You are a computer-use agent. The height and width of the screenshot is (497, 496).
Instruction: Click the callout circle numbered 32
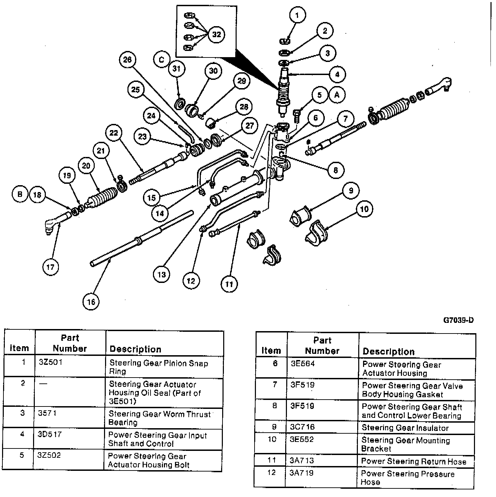tap(216, 34)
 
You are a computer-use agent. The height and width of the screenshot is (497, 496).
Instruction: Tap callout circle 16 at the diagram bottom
tap(91, 302)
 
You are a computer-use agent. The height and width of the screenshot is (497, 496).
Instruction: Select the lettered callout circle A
tap(337, 95)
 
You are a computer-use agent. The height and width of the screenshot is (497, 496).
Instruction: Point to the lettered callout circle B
tap(20, 194)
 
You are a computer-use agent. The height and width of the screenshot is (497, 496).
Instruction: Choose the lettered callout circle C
tap(162, 60)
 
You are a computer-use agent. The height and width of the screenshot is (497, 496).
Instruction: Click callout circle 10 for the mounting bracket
tap(364, 209)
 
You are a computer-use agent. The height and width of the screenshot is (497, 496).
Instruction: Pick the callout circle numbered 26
tap(127, 60)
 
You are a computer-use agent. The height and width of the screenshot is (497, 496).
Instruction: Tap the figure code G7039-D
tap(458, 320)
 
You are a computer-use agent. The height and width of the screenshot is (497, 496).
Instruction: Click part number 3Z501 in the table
tap(50, 362)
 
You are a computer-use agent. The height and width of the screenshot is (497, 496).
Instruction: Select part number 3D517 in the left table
tap(50, 434)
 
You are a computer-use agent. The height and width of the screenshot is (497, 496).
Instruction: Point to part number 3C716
tap(302, 427)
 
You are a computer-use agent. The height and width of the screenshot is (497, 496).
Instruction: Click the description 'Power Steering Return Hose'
tap(413, 462)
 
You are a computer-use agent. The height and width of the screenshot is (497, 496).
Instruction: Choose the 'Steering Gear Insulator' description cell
tap(405, 428)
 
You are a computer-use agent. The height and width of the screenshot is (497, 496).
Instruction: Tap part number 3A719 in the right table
tap(302, 473)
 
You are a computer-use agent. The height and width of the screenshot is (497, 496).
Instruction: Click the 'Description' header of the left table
tap(135, 349)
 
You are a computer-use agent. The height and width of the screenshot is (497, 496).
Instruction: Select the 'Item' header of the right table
tap(271, 351)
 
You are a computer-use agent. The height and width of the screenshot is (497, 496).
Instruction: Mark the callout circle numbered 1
tap(297, 15)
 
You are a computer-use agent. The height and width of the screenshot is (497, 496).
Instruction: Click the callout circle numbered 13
tap(162, 274)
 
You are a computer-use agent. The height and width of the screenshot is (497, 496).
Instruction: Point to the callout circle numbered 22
tap(114, 133)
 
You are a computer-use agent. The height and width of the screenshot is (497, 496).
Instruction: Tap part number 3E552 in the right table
tap(302, 440)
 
